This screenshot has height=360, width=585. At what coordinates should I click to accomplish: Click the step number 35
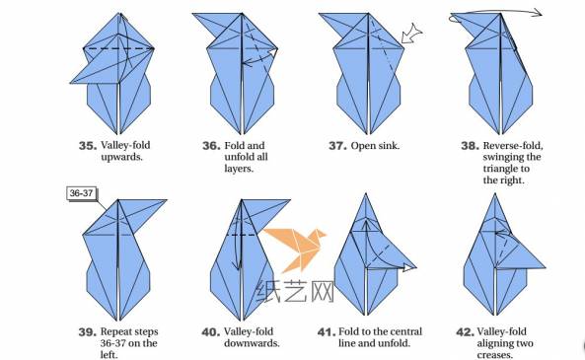(x=88, y=146)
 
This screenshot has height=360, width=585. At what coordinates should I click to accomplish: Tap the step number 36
(x=211, y=146)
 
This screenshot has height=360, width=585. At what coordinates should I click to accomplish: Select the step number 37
(x=337, y=146)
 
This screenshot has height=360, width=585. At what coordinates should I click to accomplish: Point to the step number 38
(x=471, y=146)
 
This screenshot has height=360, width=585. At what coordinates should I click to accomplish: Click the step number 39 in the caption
(x=88, y=332)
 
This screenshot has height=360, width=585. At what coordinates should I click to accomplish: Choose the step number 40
(x=211, y=332)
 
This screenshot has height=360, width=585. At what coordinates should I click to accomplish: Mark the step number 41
(x=327, y=332)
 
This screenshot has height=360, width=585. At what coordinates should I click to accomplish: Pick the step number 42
(x=466, y=332)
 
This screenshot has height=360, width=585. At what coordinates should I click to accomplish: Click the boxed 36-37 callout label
(x=82, y=193)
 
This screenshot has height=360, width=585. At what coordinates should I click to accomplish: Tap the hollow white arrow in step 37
(x=412, y=34)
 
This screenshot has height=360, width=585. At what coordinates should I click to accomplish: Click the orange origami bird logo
(x=294, y=250)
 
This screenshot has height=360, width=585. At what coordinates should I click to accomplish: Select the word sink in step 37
(x=388, y=146)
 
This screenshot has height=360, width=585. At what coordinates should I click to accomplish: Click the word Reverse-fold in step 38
(x=513, y=146)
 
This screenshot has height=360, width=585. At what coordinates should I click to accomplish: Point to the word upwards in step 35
(x=121, y=157)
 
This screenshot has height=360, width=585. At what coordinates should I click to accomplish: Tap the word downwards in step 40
(x=252, y=343)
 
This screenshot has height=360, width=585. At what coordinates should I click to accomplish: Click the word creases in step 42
(x=494, y=354)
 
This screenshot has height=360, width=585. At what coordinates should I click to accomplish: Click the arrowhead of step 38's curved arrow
(x=538, y=13)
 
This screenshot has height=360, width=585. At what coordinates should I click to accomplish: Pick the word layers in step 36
(x=239, y=169)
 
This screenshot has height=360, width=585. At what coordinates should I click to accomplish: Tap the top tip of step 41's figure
(x=366, y=193)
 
